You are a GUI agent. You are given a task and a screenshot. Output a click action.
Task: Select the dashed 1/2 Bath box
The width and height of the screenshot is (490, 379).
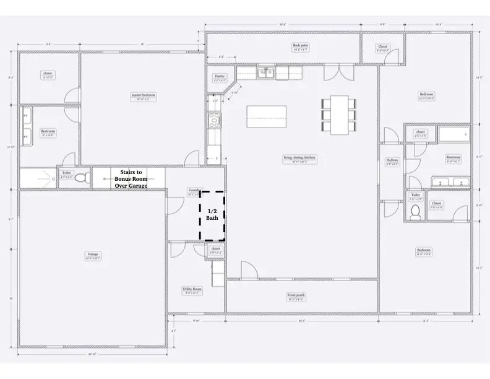coord(212,215)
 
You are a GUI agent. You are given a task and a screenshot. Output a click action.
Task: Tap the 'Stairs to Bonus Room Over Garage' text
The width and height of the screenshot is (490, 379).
coord(131,178)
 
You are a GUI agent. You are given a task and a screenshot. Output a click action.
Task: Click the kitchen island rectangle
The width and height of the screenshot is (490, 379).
coord(267,115)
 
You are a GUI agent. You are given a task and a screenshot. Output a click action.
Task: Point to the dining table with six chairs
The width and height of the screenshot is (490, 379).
coord(339,114)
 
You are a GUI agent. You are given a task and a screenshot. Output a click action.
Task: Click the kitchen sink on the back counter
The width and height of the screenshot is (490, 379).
coord(267,72)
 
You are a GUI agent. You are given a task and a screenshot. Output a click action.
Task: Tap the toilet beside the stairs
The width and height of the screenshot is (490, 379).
coord(86,179)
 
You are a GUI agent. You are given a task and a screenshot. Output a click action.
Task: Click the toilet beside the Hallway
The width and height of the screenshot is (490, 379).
coord(416,212)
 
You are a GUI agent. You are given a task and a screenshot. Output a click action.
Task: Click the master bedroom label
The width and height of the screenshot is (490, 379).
coord(143,96)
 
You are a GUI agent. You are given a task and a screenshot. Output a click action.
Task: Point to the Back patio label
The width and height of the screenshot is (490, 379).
coord(301,46)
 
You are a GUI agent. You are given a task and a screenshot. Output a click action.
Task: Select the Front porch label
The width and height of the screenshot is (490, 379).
coord(295,296)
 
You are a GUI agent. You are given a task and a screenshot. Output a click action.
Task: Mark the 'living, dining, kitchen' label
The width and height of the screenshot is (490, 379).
coord(300,159)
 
